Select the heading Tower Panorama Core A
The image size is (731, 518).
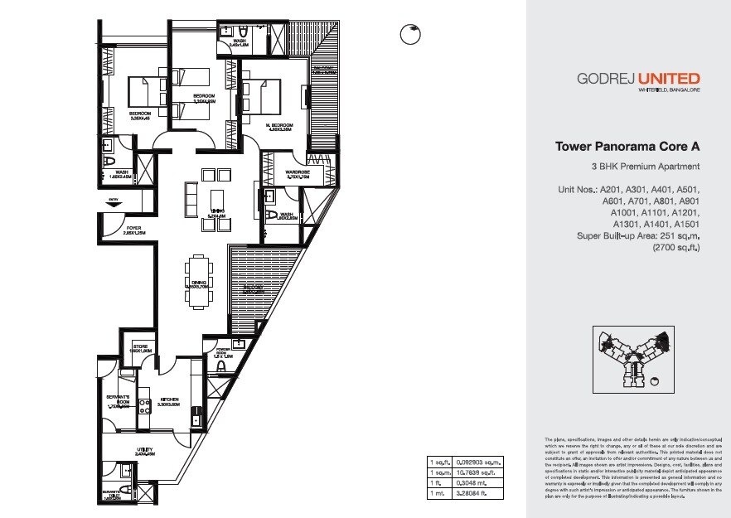coord(627,147)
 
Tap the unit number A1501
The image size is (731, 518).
coord(687,224)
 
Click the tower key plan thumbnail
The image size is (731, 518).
coord(629,356)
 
